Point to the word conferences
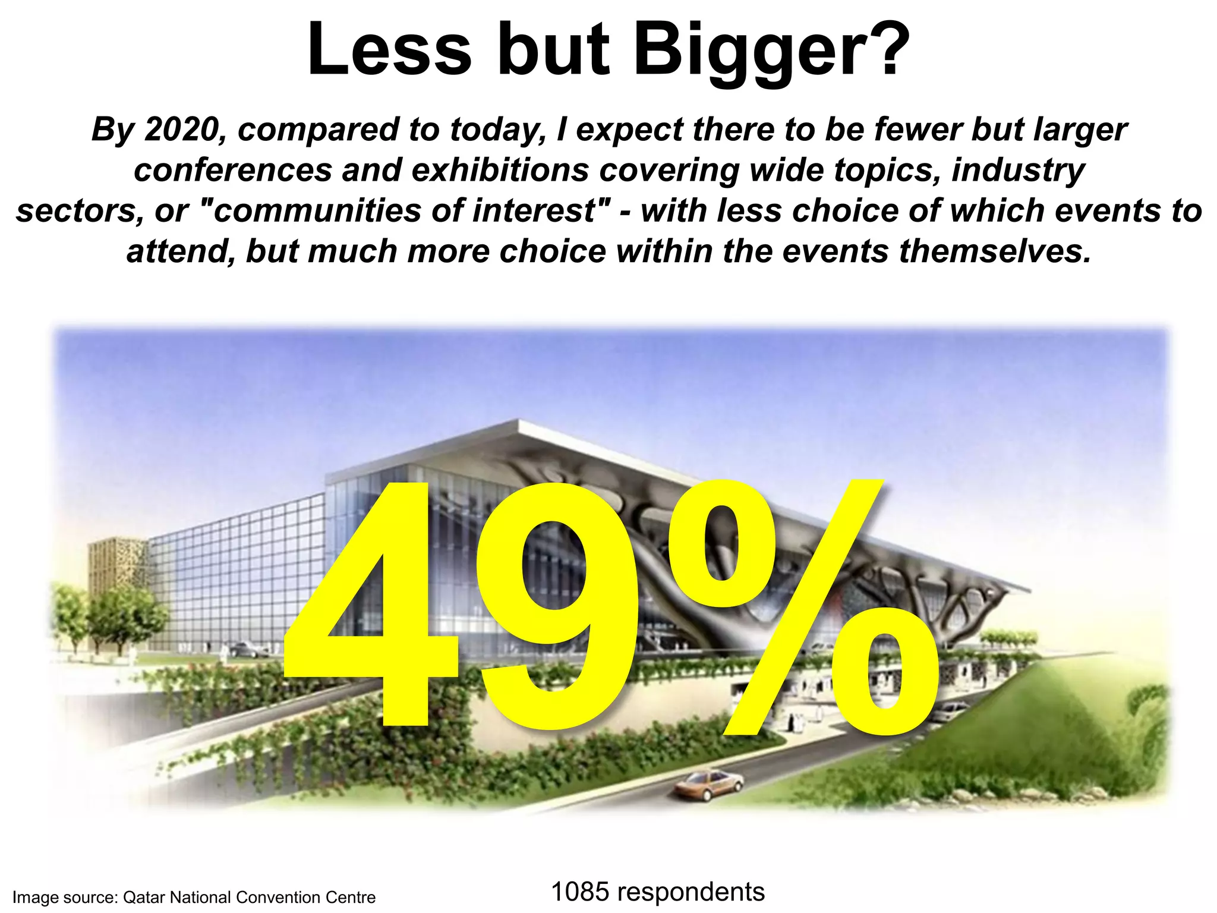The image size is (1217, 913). (233, 171)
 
